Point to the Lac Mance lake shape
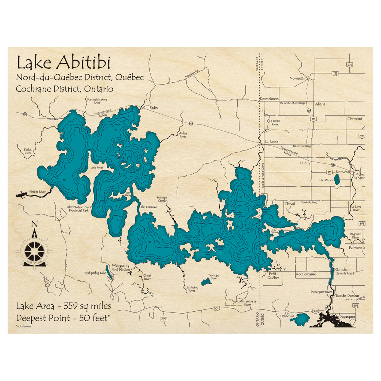[x=337, y=180]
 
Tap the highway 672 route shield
[x=164, y=319]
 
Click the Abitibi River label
[x=37, y=191]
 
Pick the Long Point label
[x=97, y=168]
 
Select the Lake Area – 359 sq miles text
[x=63, y=306]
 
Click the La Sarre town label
[x=359, y=178]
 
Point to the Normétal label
[x=297, y=78]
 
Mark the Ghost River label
[x=147, y=277]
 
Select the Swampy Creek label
[x=162, y=199]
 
